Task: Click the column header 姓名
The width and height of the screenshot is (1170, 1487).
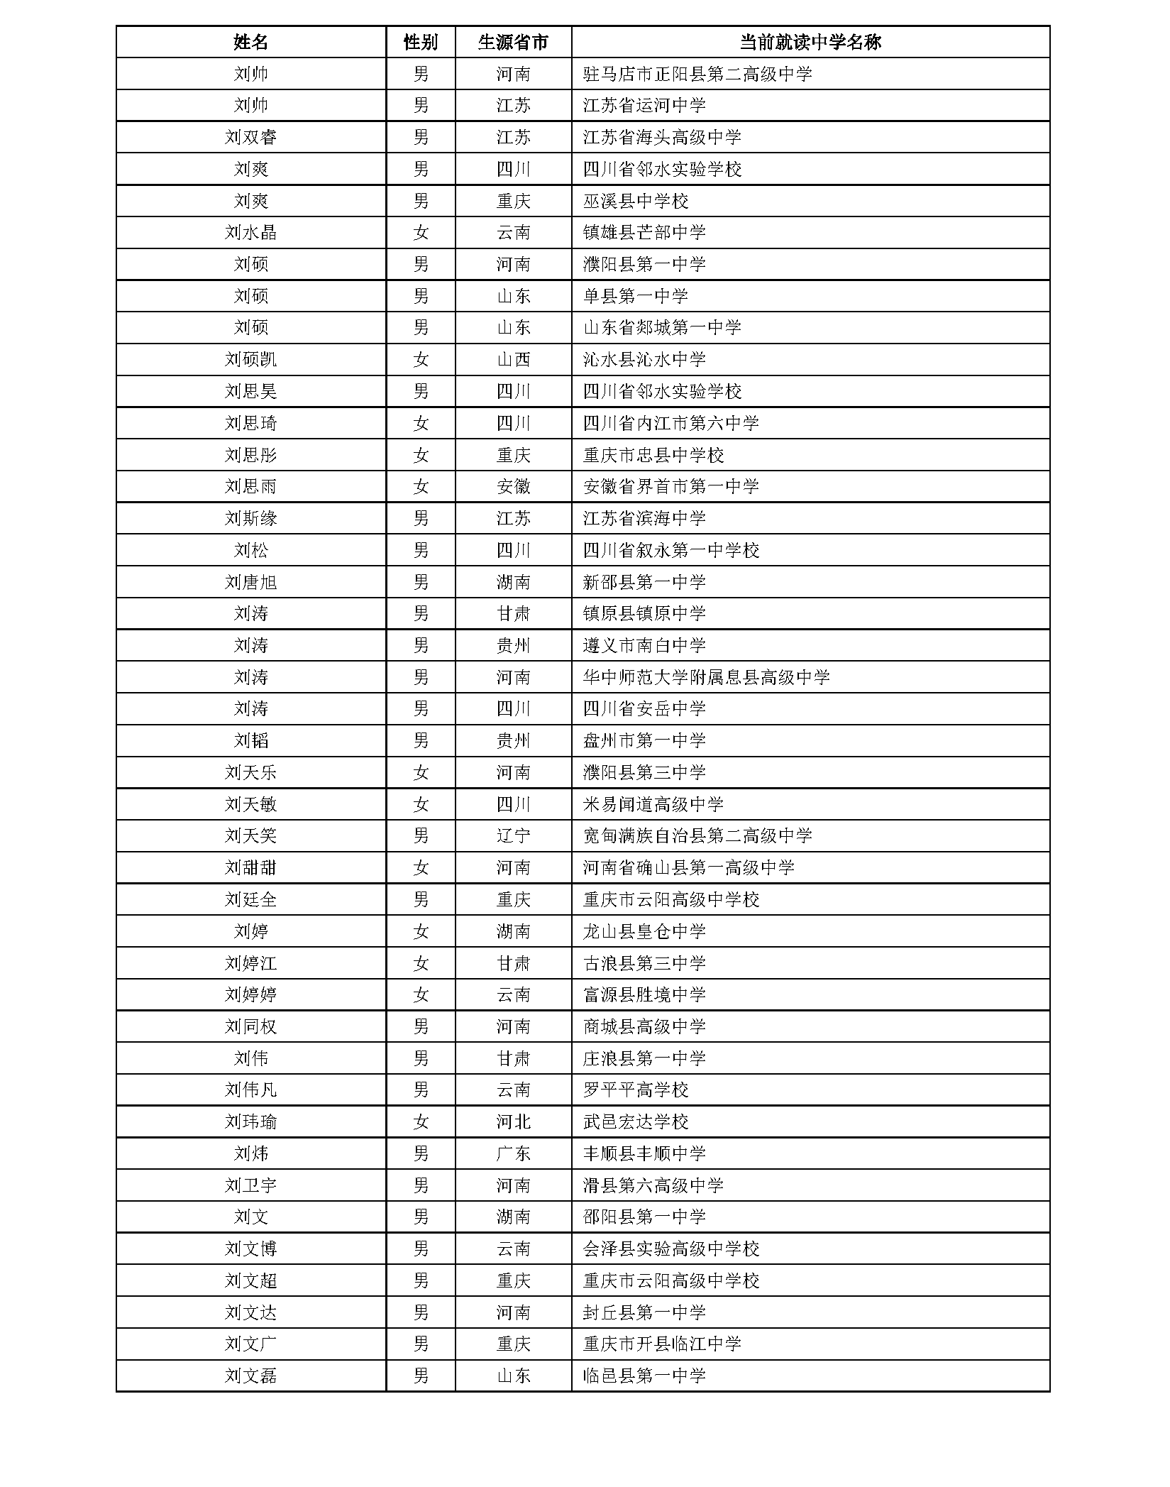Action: (x=250, y=42)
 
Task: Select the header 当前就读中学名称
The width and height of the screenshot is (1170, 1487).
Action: (x=810, y=42)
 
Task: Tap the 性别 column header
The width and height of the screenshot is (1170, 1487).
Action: (x=420, y=42)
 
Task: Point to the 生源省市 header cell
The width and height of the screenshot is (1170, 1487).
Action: (x=513, y=42)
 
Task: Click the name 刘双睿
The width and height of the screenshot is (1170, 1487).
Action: (x=250, y=137)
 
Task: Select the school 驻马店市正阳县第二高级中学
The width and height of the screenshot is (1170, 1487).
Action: (x=697, y=74)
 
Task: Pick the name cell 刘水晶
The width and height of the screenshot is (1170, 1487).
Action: (x=250, y=232)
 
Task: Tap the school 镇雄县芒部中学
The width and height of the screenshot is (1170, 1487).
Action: (x=644, y=232)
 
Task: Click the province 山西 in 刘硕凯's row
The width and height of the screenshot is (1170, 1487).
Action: (x=513, y=359)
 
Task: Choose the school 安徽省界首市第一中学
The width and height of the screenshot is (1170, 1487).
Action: (x=670, y=486)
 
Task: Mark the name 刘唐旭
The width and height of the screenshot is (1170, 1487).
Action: (x=250, y=582)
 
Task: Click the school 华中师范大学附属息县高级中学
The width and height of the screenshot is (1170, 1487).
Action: (x=706, y=677)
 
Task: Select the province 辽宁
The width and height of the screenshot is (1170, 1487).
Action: (x=513, y=835)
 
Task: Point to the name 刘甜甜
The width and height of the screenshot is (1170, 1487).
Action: (x=250, y=867)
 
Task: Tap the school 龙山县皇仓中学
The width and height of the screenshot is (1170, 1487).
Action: (x=644, y=931)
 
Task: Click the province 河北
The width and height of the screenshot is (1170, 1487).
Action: (x=513, y=1121)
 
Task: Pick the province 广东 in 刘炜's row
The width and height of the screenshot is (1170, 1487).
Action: (x=513, y=1153)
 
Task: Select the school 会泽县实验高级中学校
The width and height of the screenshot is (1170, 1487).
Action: (x=670, y=1249)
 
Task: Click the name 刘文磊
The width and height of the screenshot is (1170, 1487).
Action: (x=250, y=1376)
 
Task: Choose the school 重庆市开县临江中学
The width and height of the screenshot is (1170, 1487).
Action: (x=661, y=1344)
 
